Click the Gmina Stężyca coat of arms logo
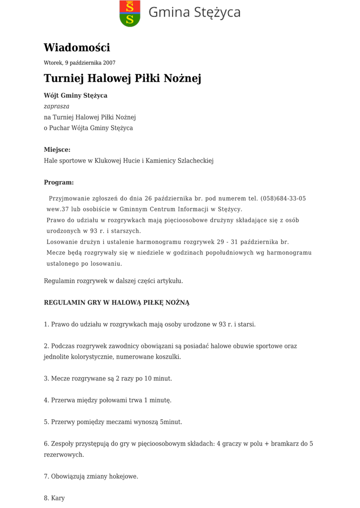click(130, 13)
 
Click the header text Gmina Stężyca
click(194, 12)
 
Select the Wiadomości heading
click(77, 48)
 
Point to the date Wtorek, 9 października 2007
click(79, 63)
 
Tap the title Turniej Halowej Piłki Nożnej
click(122, 78)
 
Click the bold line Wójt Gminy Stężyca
click(75, 95)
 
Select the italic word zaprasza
click(57, 106)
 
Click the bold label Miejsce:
click(57, 149)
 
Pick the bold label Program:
click(59, 182)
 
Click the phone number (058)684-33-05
click(283, 198)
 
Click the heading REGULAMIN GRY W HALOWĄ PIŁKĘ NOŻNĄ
click(117, 302)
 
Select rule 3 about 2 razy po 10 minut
click(108, 379)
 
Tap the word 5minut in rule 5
click(171, 422)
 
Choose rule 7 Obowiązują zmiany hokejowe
click(91, 476)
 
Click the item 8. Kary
click(54, 498)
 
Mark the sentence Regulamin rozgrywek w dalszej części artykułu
click(113, 281)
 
